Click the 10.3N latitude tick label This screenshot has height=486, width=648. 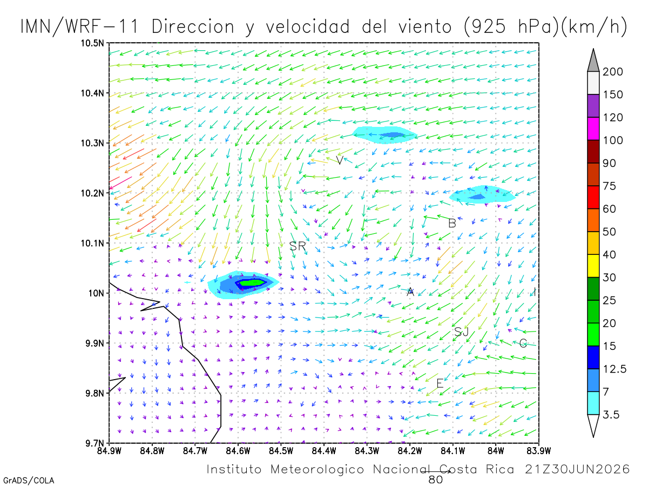(92, 143)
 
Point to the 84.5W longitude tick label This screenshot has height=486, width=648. (281, 451)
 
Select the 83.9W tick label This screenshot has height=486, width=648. (538, 451)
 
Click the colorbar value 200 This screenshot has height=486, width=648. (612, 72)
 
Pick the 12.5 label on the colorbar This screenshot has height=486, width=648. (614, 369)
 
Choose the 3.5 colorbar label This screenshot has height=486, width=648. (611, 415)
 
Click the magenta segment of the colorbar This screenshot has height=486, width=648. (593, 129)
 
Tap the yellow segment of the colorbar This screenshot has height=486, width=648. (593, 266)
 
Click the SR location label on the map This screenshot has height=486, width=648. (297, 246)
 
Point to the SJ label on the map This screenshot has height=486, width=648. (461, 332)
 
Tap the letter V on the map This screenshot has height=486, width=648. (340, 160)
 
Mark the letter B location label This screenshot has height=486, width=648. (452, 224)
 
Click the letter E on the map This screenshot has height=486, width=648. (440, 383)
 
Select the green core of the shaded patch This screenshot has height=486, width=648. (252, 282)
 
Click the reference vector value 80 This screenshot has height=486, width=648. (435, 480)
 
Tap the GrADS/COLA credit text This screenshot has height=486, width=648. (29, 481)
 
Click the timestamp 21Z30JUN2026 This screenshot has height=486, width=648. (577, 469)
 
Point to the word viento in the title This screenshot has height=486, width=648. (425, 27)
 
